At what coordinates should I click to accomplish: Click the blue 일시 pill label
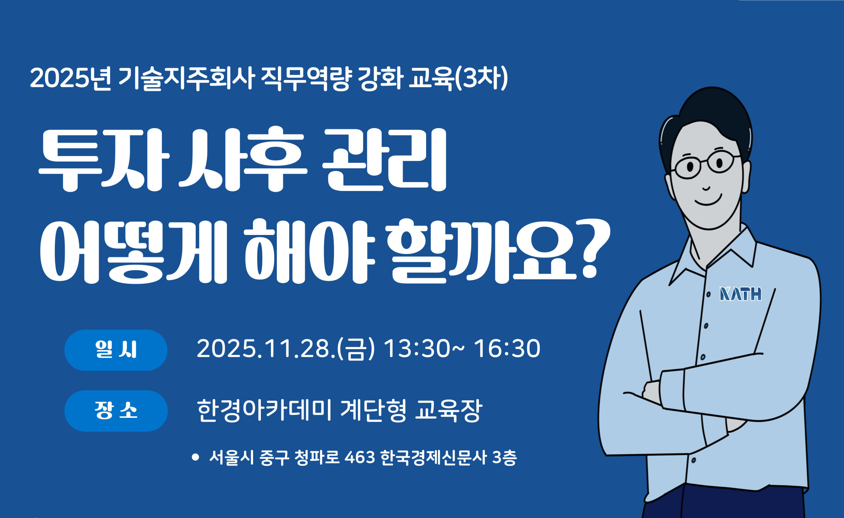tap(116, 350)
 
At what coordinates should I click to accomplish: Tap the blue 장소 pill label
tap(116, 411)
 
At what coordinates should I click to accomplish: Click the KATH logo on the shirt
tap(740, 294)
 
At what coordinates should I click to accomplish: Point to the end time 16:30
tap(507, 349)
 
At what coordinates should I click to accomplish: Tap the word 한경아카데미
tap(264, 411)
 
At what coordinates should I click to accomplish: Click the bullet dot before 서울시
tap(195, 457)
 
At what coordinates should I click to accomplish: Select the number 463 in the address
tap(360, 457)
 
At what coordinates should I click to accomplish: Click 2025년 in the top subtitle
tap(71, 79)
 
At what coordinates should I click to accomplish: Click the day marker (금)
tap(355, 349)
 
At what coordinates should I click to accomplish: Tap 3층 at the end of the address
tap(504, 457)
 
